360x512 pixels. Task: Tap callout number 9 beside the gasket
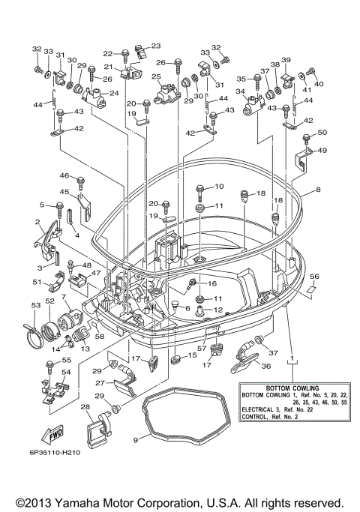pos(136,441)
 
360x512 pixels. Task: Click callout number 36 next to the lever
pos(265,366)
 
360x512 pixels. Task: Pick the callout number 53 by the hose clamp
pos(35,305)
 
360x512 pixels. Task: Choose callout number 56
pos(315,276)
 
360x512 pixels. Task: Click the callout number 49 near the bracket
pos(323,150)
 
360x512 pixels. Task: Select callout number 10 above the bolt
pos(219,186)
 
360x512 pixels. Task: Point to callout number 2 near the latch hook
pos(37,222)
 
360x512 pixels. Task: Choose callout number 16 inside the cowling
pos(211,284)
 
